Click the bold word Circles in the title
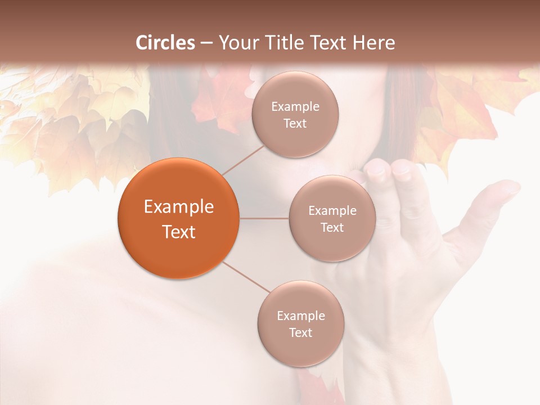[165, 43]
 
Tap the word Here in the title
[373, 43]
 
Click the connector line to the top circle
[244, 160]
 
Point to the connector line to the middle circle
[264, 218]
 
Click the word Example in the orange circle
[179, 207]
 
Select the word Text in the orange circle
[179, 232]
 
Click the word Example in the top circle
[295, 107]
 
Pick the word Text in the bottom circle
[301, 332]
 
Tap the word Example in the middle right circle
[332, 211]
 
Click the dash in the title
[206, 43]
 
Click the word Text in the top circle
[295, 123]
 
